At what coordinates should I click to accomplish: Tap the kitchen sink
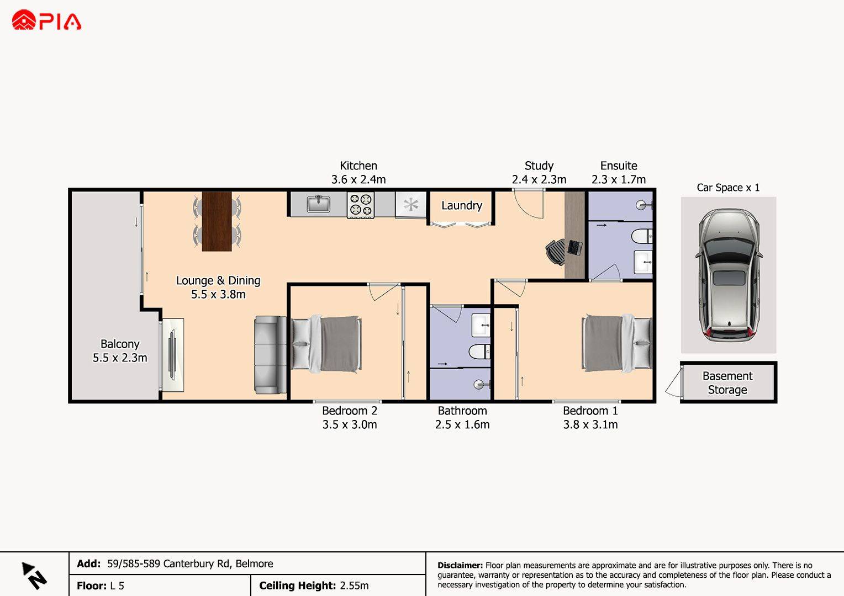pyautogui.click(x=318, y=204)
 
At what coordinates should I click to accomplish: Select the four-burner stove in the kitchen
pyautogui.click(x=361, y=205)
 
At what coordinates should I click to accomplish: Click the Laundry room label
pyautogui.click(x=462, y=206)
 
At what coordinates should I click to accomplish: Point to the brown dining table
pyautogui.click(x=217, y=221)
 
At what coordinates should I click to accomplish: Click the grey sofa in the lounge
pyautogui.click(x=270, y=355)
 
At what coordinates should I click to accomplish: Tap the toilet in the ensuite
pyautogui.click(x=641, y=236)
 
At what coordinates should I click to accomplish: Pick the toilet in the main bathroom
pyautogui.click(x=479, y=352)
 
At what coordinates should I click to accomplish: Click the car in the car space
pyautogui.click(x=729, y=275)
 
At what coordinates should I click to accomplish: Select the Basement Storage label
pyautogui.click(x=727, y=382)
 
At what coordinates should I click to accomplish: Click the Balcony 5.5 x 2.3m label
pyautogui.click(x=120, y=350)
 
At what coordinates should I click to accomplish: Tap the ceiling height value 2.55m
pyautogui.click(x=354, y=586)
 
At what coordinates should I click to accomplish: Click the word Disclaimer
pyautogui.click(x=460, y=565)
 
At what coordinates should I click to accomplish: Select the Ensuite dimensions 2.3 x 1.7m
pyautogui.click(x=619, y=179)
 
